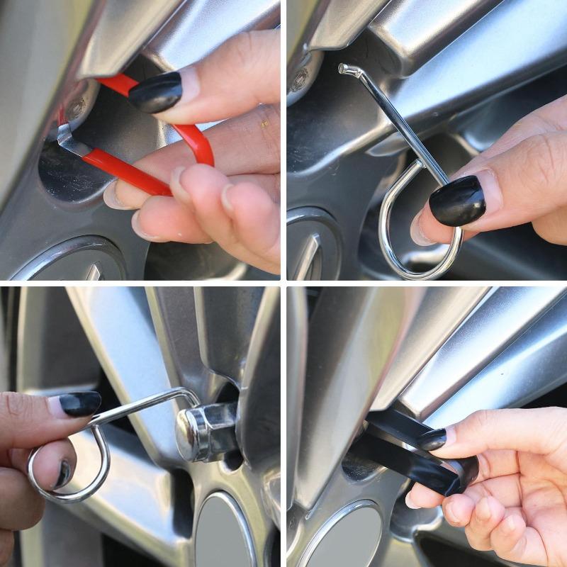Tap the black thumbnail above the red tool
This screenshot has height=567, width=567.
point(155,92)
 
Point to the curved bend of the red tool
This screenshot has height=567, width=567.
point(201,145)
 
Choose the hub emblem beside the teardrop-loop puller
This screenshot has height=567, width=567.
point(312,248)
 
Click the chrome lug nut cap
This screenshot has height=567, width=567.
point(202,432)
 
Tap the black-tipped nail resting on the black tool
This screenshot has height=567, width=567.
point(432,439)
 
